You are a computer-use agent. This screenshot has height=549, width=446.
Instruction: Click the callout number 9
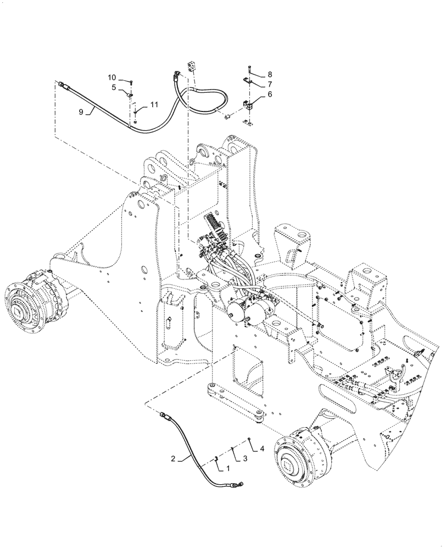(x=81, y=112)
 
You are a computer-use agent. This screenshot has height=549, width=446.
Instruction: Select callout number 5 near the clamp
(x=113, y=87)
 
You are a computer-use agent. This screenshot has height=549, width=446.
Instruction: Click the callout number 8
(x=270, y=74)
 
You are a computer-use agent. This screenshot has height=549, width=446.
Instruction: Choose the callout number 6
(x=270, y=95)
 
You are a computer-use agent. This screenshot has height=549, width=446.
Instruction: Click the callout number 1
(x=224, y=468)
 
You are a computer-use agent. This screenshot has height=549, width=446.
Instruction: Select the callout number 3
(x=245, y=457)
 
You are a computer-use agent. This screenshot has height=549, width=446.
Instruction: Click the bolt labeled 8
(x=249, y=69)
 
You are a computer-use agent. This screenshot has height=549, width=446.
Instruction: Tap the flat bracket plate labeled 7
(x=248, y=82)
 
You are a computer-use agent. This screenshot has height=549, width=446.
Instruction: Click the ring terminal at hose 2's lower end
(x=239, y=484)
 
